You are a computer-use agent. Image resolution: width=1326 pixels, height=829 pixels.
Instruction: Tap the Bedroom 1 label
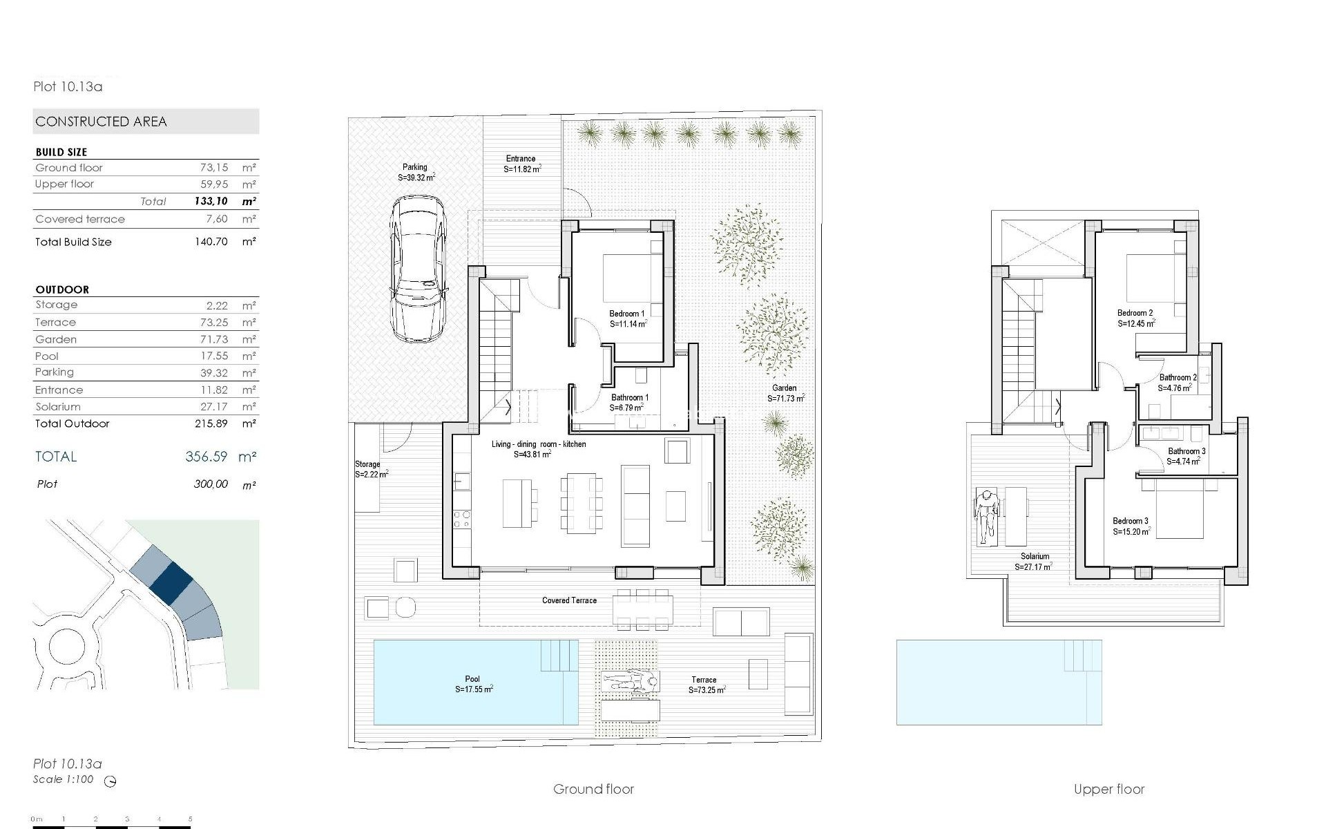[x=627, y=314]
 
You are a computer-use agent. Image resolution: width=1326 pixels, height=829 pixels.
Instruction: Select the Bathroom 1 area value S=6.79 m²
[x=626, y=408]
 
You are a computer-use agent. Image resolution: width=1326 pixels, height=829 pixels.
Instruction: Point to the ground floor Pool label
[x=472, y=679]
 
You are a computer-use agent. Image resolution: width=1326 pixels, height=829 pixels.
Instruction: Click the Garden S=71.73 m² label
[x=785, y=394]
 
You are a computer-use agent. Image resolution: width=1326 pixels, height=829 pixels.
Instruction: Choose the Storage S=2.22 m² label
[x=371, y=470]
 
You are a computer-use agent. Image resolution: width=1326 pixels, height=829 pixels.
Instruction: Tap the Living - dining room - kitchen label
[x=539, y=444]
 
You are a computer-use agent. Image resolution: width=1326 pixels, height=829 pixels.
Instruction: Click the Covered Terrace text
[x=569, y=600]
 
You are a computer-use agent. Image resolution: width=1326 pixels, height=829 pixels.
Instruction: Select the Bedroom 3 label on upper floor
[x=1131, y=521]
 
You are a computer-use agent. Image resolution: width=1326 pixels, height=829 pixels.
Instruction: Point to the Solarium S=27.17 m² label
[x=1034, y=562]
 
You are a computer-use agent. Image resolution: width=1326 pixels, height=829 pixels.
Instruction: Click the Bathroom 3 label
[x=1186, y=451]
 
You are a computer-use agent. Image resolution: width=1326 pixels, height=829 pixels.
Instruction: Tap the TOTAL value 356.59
[x=206, y=457]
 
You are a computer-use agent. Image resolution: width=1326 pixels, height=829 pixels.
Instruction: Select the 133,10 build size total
[x=211, y=202]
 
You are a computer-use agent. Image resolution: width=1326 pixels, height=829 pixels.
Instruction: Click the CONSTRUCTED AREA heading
[x=102, y=122]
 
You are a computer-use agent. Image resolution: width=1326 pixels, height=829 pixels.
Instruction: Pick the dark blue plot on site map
[x=171, y=582]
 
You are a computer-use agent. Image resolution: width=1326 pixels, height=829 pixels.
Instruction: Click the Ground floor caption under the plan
[x=593, y=789]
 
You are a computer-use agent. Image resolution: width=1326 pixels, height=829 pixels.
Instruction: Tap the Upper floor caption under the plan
[x=1109, y=789]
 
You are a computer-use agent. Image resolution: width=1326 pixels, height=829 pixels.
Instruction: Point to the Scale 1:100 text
[x=63, y=779]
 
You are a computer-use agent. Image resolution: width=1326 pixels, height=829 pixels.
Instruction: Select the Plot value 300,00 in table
[x=211, y=484]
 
